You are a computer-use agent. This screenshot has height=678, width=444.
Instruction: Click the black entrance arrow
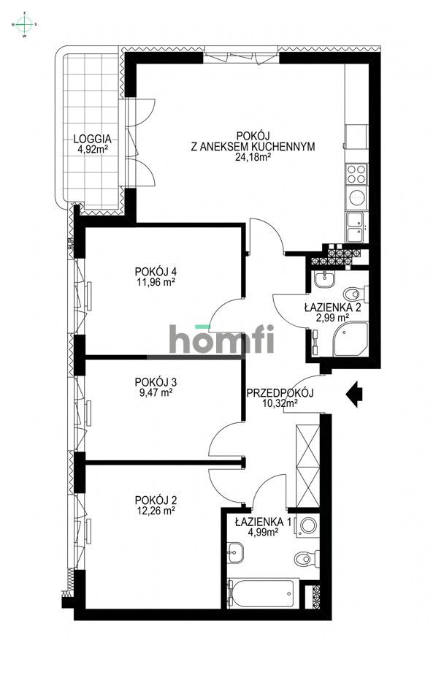pyautogui.click(x=355, y=395)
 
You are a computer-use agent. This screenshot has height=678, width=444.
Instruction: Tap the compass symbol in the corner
pyautogui.click(x=25, y=24)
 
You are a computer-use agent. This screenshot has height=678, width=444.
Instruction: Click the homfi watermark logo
pyautogui.click(x=221, y=339)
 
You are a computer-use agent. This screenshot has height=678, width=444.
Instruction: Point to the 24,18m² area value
pyautogui.click(x=252, y=156)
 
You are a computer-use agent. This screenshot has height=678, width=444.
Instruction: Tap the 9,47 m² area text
pyautogui.click(x=155, y=392)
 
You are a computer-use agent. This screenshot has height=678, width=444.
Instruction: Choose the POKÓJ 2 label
pyautogui.click(x=156, y=500)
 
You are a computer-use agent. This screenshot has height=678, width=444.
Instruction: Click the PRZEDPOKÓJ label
pyautogui.click(x=280, y=393)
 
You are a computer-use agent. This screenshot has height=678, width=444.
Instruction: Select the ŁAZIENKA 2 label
pyautogui.click(x=332, y=308)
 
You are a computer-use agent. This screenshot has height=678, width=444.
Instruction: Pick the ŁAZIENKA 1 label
pyautogui.click(x=263, y=522)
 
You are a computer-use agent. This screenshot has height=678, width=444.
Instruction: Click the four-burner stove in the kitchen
pyautogui.click(x=356, y=174)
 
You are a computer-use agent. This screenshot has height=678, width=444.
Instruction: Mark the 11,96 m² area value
pyautogui.click(x=155, y=281)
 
